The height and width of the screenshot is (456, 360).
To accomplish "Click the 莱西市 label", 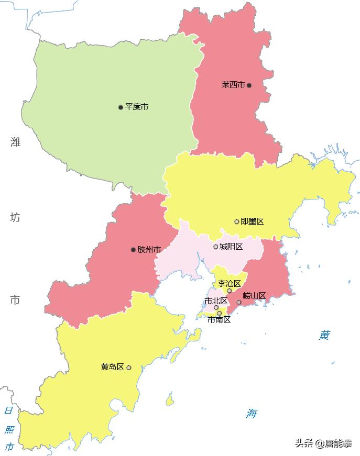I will pyautogui.click(x=233, y=85).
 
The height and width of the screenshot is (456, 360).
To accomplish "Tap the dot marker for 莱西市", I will pyautogui.click(x=249, y=85).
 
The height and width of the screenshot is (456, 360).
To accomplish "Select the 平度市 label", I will pyautogui.click(x=137, y=107).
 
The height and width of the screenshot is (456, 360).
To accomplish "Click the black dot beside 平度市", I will pyautogui.click(x=121, y=107).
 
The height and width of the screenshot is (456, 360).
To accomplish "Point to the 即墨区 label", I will pyautogui.click(x=252, y=221).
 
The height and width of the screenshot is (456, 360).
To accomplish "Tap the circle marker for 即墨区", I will pyautogui.click(x=237, y=221).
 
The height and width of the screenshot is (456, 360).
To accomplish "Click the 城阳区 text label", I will pyautogui.click(x=231, y=247).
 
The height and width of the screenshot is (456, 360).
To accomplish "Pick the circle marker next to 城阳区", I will pyautogui.click(x=216, y=247).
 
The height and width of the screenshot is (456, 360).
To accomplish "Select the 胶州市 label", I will pyautogui.click(x=149, y=250).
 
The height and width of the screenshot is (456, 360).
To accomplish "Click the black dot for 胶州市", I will pyautogui.click(x=133, y=250).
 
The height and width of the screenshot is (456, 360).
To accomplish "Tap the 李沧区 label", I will pyautogui.click(x=229, y=283).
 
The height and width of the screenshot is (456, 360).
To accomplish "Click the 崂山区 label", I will pyautogui.click(x=255, y=296).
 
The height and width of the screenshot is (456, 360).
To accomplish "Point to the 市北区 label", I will pyautogui.click(x=216, y=301).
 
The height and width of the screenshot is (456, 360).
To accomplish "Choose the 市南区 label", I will pyautogui.click(x=219, y=319).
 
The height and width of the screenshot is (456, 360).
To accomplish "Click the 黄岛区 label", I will pyautogui.click(x=113, y=367).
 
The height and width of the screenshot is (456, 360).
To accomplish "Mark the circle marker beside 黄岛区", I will pyautogui.click(x=129, y=368).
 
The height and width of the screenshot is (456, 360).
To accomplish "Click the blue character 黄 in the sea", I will pyautogui.click(x=325, y=336).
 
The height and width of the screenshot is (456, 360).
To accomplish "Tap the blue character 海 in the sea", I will pyautogui.click(x=252, y=414).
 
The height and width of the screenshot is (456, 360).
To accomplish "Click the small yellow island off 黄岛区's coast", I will pyautogui.click(x=170, y=401).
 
